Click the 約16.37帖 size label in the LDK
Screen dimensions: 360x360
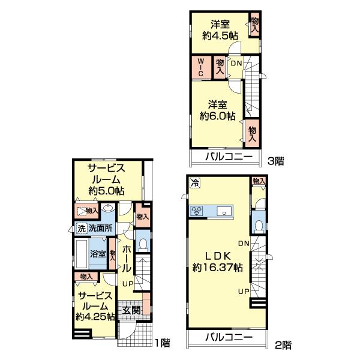click(217, 267)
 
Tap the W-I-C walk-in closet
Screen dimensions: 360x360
click(201, 67)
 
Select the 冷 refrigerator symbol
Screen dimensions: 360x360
click(195, 183)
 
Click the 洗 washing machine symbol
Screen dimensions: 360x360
click(82, 229)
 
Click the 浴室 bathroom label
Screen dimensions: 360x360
click(98, 254)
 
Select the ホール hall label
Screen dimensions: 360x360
click(126, 259)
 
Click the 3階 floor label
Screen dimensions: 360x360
click(276, 161)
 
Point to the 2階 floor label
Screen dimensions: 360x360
click(283, 345)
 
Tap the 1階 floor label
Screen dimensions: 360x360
click(163, 343)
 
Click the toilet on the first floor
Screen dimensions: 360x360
click(143, 245)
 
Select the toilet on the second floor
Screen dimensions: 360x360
click(259, 227)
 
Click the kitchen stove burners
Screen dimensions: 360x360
click(197, 211)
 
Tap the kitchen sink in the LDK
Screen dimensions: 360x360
click(224, 211)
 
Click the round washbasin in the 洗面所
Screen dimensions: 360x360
click(109, 208)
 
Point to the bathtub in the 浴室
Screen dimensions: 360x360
click(82, 254)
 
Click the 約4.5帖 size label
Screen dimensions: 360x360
click(220, 36)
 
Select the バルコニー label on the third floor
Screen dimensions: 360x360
click(229, 157)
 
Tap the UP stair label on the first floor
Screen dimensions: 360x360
click(128, 284)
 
